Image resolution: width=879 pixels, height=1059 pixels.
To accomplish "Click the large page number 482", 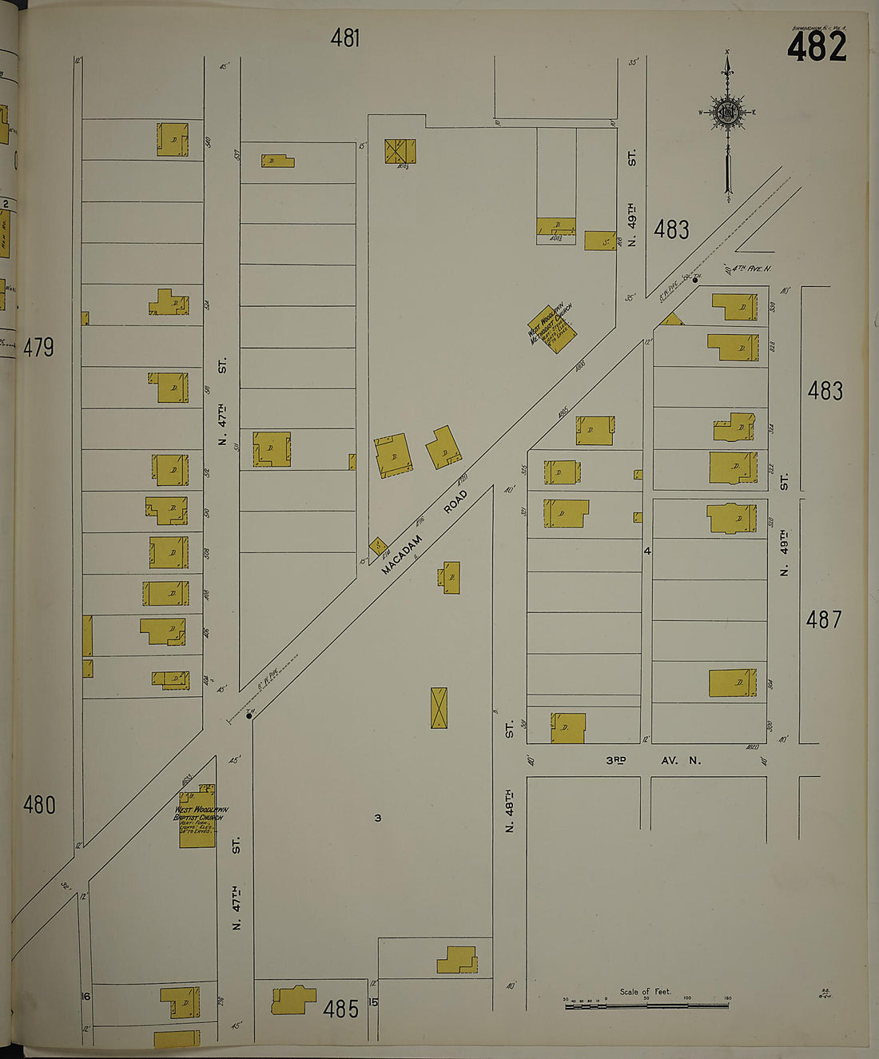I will (x=816, y=46).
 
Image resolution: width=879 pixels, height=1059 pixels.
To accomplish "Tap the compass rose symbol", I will (x=727, y=113).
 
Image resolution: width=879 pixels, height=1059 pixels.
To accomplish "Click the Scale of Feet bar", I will (x=646, y=1005).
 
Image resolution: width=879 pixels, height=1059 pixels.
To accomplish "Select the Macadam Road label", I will (x=424, y=532).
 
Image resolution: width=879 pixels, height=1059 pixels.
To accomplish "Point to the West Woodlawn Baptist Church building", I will (x=197, y=816).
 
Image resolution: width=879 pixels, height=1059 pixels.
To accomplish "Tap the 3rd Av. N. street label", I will (x=653, y=760).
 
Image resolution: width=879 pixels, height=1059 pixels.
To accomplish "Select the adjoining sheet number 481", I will (x=345, y=38).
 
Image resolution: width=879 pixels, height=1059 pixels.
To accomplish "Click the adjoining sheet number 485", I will (x=340, y=1009).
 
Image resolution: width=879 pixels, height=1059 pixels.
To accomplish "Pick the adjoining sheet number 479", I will (x=38, y=348).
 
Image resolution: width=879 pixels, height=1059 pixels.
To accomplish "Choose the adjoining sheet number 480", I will (x=38, y=804).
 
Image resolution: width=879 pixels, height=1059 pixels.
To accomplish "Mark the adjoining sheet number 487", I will (x=824, y=619).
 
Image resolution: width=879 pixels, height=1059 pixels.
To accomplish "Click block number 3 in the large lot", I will (x=378, y=818).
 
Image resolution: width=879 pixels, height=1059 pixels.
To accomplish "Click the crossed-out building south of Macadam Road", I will (x=439, y=707).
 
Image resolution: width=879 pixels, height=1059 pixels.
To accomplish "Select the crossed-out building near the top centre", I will (x=400, y=151).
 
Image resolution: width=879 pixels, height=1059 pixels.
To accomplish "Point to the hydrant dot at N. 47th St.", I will (x=249, y=716).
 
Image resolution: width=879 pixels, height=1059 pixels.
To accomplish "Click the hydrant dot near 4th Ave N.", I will (x=695, y=280).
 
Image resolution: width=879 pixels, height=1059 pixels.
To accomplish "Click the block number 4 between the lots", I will (x=647, y=551).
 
